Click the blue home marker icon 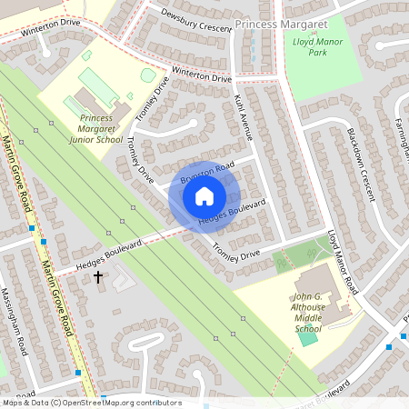[204, 195]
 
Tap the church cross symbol [98, 275]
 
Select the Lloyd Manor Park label [312, 46]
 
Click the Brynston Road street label [207, 172]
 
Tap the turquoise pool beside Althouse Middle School [309, 338]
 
